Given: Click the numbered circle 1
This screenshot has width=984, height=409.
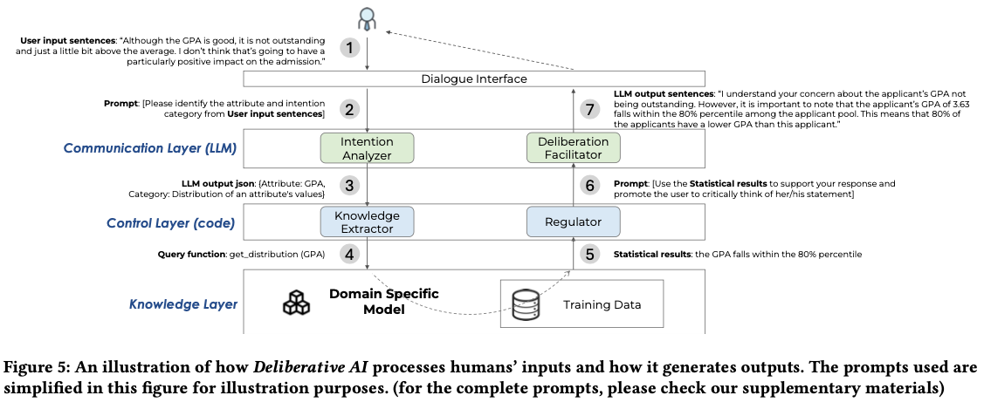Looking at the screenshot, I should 350,48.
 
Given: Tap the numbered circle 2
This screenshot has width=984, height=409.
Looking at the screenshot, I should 350,110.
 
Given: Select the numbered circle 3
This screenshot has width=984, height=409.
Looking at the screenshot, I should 350,185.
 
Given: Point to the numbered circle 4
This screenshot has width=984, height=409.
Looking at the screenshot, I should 350,255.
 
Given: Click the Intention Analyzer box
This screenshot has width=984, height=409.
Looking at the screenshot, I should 367,148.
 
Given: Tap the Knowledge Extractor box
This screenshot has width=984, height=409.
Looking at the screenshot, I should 367,222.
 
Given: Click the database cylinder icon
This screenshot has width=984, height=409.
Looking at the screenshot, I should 524,304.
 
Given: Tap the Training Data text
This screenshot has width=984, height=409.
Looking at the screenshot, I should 602,304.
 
